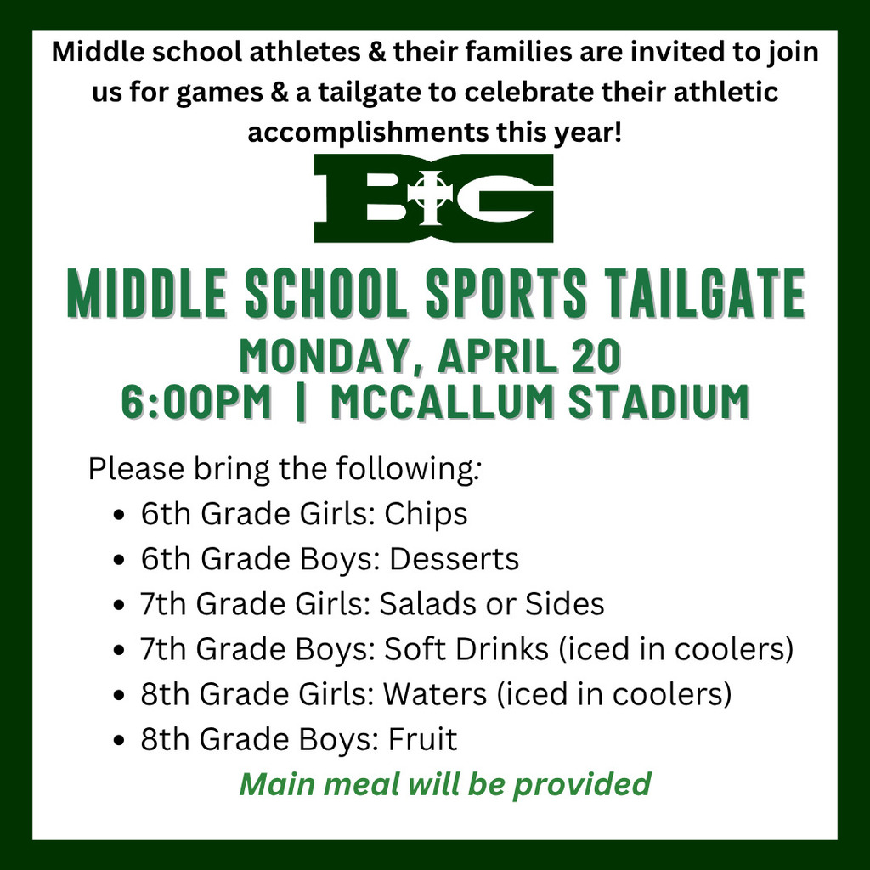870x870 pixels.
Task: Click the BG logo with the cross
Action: click(x=434, y=199)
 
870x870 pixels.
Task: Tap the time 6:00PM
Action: click(x=196, y=401)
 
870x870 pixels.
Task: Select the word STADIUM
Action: click(x=658, y=401)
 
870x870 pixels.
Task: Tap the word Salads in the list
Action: click(x=425, y=604)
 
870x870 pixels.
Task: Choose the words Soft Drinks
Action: click(x=466, y=649)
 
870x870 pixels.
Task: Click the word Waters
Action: click(x=432, y=694)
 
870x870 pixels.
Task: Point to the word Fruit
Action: click(x=422, y=739)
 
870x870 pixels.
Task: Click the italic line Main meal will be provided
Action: click(x=445, y=783)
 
